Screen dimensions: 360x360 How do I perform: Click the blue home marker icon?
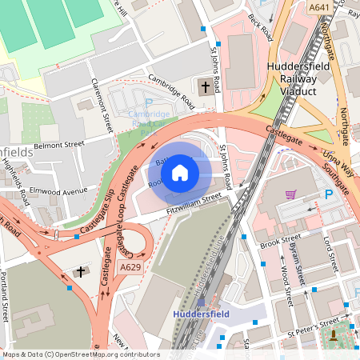(x=180, y=172)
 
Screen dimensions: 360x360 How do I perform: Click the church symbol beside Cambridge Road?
(x=205, y=86)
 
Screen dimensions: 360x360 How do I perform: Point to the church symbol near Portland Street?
(x=80, y=272)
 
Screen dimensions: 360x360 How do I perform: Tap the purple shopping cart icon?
(x=290, y=194)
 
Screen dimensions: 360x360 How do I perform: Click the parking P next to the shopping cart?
(x=328, y=195)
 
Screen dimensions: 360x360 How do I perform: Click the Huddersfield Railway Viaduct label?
(x=307, y=78)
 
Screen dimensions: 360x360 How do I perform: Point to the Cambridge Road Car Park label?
(x=147, y=118)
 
